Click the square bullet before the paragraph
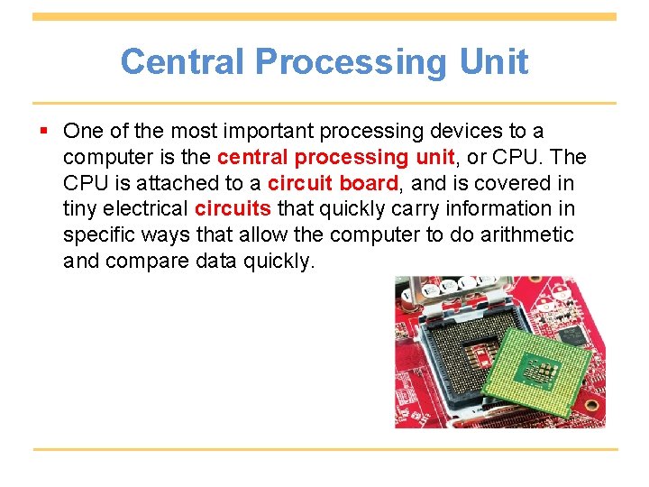pos(46,131)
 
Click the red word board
pos(368,183)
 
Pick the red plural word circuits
pos(233,209)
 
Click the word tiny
pos(80,209)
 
